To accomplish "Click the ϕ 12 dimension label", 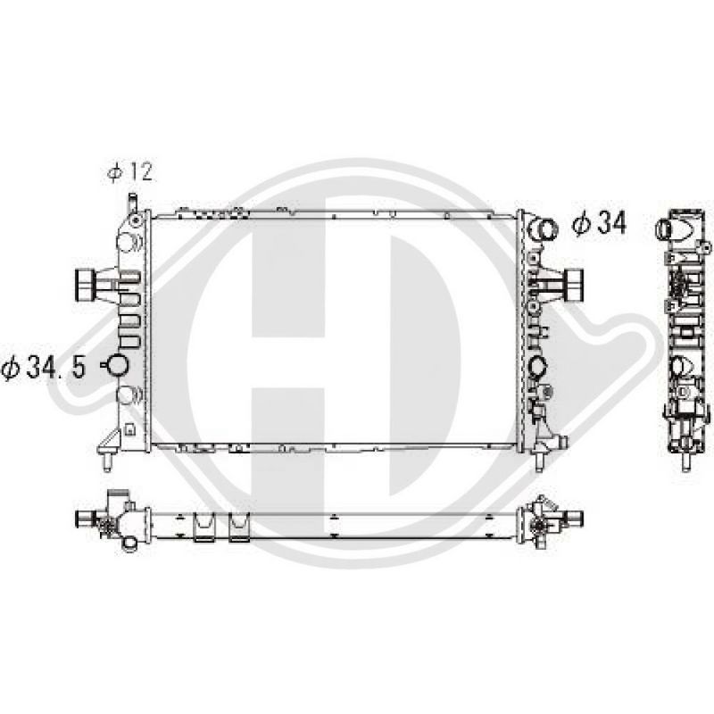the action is click(x=129, y=172).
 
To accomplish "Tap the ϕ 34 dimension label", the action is click(x=599, y=224).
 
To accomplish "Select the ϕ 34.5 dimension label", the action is click(x=44, y=368).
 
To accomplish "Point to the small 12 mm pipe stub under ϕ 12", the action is click(x=132, y=203).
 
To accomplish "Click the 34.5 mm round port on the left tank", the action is click(x=117, y=364).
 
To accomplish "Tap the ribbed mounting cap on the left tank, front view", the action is click(x=84, y=285).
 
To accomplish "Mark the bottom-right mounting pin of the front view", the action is click(x=540, y=461).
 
